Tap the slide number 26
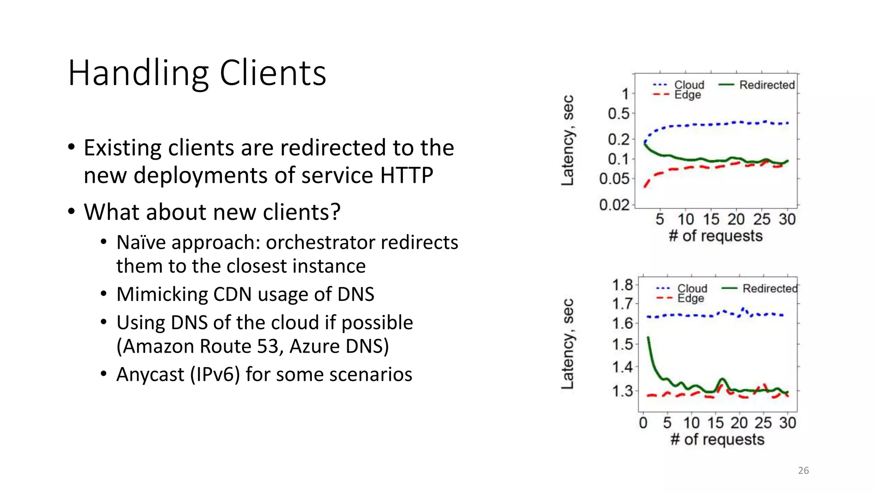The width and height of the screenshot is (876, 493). click(803, 471)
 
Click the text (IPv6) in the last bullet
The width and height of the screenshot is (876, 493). click(215, 374)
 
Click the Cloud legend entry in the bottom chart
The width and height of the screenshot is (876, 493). click(692, 288)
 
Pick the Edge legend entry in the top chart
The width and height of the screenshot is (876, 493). click(687, 95)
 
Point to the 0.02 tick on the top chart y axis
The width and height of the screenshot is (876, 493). click(614, 205)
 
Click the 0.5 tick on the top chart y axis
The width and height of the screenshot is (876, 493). click(619, 114)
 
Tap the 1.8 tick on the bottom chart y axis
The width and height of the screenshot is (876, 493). click(622, 285)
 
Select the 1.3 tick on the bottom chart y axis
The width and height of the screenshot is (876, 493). click(622, 391)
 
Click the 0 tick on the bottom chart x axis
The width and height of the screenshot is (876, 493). click(643, 423)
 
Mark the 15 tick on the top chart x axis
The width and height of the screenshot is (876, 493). click(711, 220)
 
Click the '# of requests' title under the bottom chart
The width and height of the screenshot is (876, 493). click(717, 440)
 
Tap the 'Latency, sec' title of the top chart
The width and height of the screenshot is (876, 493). click(568, 140)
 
